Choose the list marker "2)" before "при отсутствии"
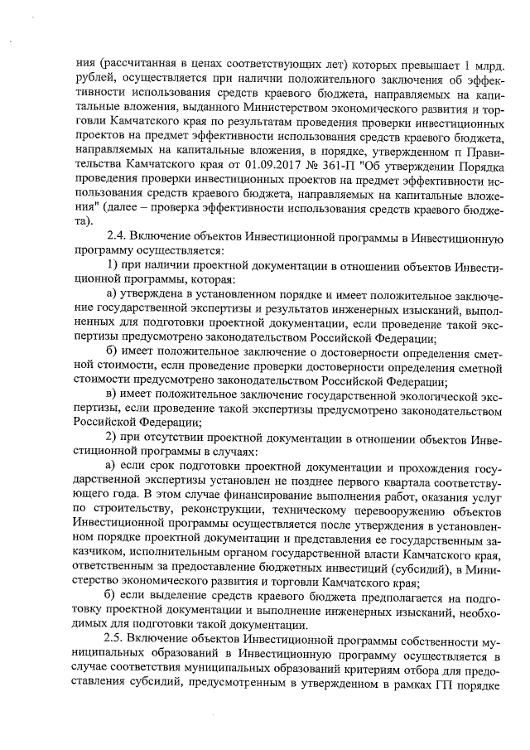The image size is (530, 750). pyautogui.click(x=115, y=438)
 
